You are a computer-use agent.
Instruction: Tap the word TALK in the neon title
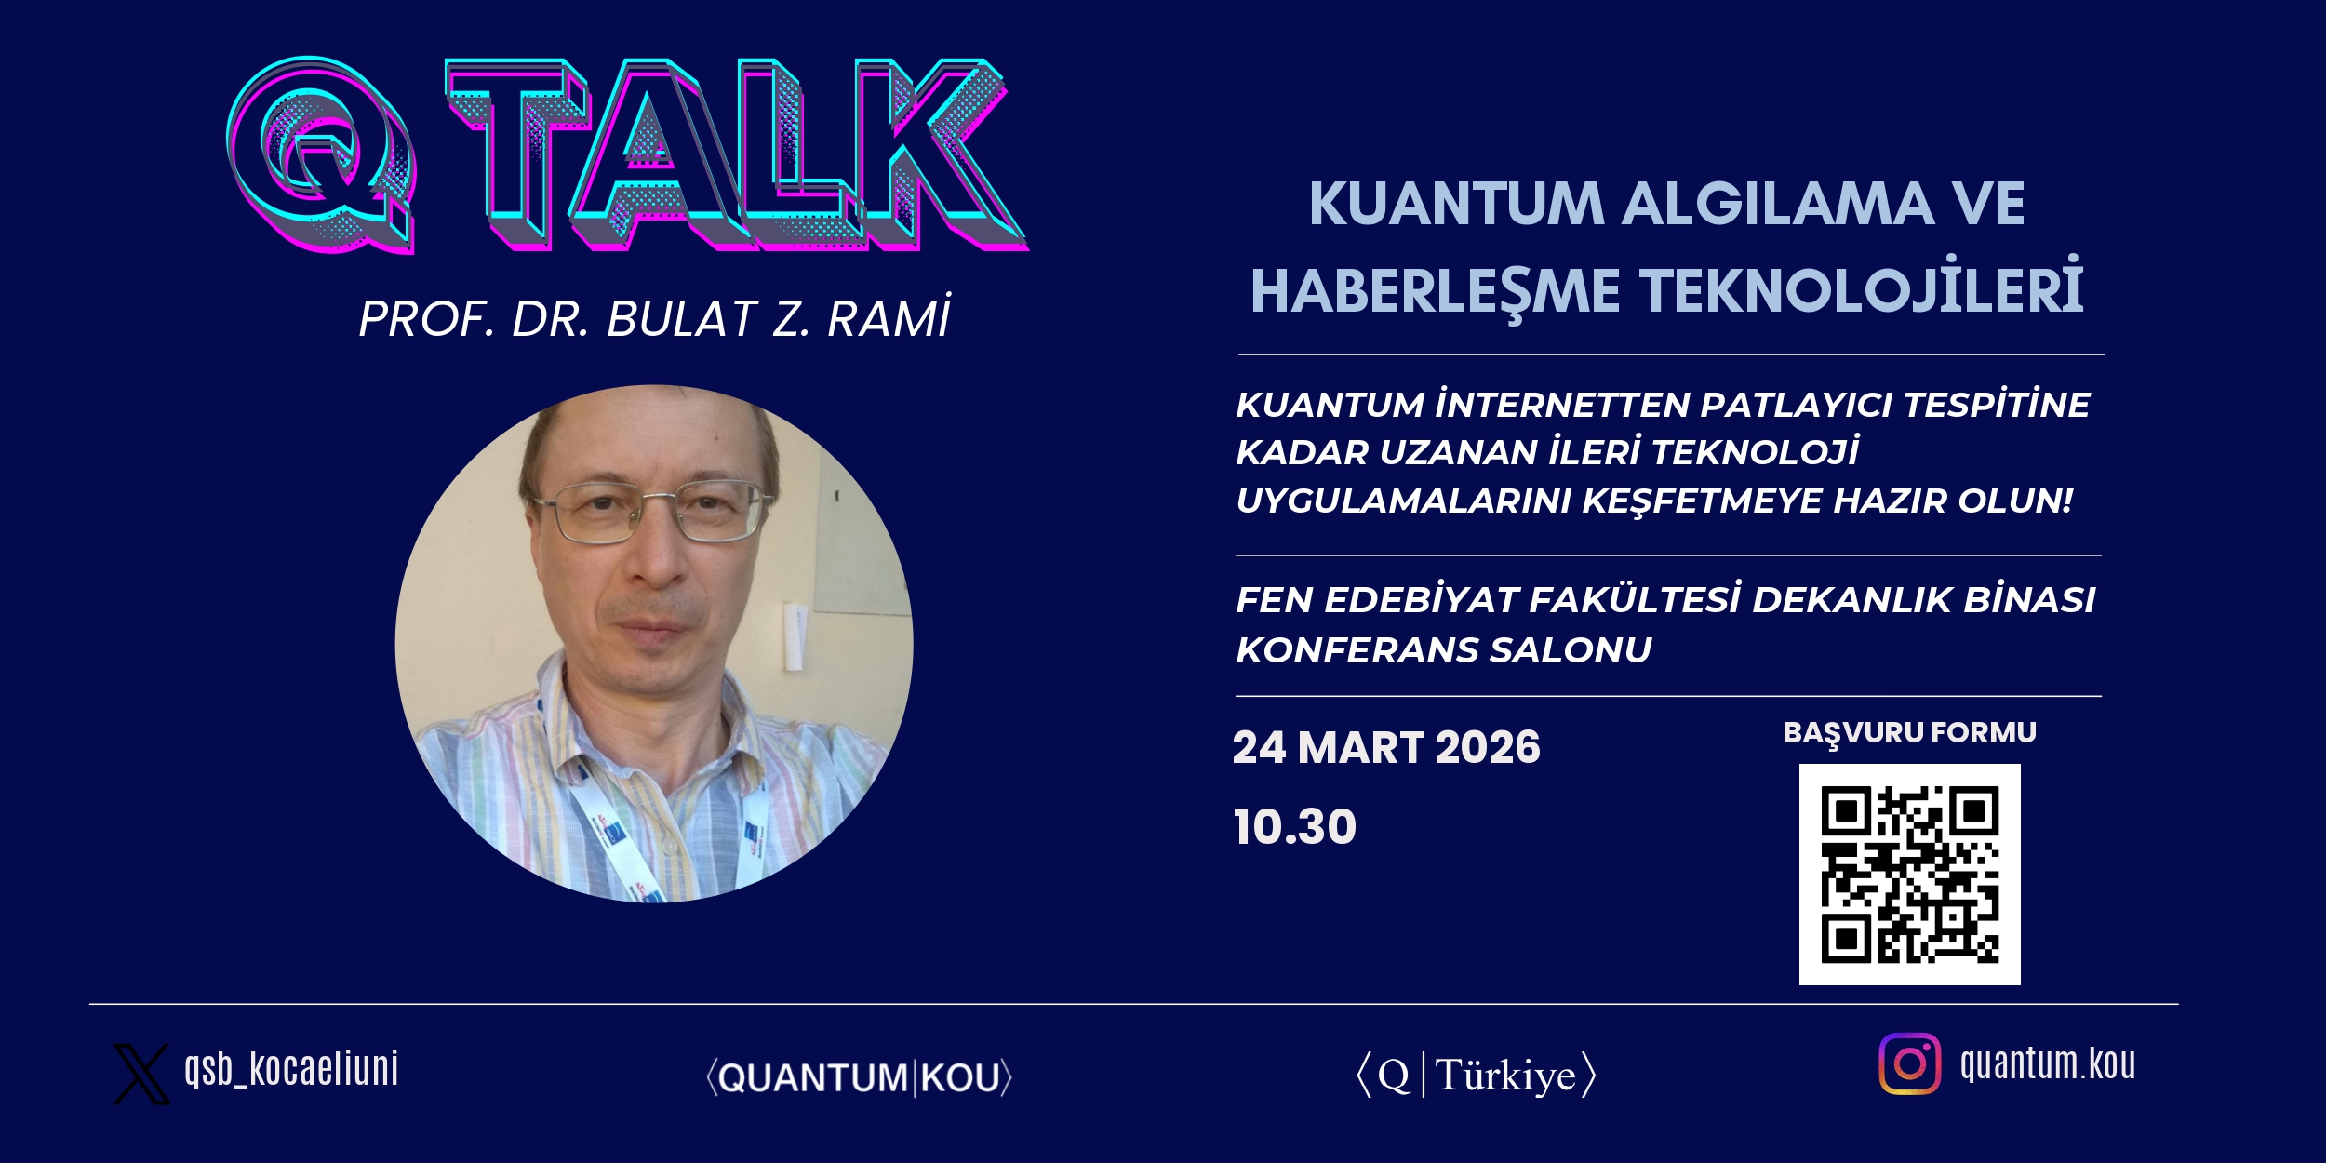coord(735,154)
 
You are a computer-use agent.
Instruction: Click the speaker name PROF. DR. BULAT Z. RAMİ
coord(655,318)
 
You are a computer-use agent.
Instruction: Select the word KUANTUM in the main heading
coord(1457,204)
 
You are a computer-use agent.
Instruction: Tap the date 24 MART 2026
coord(1386,747)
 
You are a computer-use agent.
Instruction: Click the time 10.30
coord(1295,826)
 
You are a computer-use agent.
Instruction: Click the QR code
coord(1909,875)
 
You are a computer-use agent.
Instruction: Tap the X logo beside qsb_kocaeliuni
coord(141,1074)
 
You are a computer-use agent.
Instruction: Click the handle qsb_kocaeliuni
coord(291,1069)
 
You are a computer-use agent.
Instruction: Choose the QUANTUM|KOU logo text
coord(859,1077)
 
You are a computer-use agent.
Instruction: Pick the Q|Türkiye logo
coord(1476,1076)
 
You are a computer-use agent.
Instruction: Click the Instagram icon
coord(1909,1063)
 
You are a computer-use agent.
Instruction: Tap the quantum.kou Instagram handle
coord(2048,1063)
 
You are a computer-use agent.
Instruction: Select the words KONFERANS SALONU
coord(1444,649)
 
